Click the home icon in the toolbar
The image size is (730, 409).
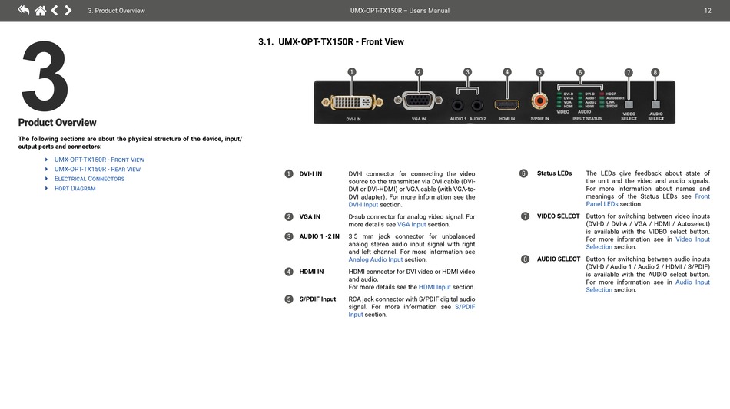[x=40, y=11]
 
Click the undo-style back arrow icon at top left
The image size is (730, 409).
[x=23, y=11]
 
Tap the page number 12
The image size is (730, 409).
[x=707, y=11]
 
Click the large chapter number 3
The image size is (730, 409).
[x=45, y=77]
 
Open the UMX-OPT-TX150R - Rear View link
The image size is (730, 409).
[x=97, y=169]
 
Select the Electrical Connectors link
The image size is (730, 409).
[x=89, y=179]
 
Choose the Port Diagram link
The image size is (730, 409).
[x=75, y=188]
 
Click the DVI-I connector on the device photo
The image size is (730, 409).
[x=353, y=102]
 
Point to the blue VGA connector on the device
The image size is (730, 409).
[x=418, y=101]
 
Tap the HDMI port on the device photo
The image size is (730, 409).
[x=506, y=104]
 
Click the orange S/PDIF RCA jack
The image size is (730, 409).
[x=540, y=101]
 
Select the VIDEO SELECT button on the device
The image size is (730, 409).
[x=629, y=104]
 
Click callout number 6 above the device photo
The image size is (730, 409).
[x=579, y=72]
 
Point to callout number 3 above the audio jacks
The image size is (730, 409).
[x=467, y=72]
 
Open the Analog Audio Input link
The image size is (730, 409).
[x=376, y=259]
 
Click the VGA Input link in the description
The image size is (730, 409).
[x=411, y=225]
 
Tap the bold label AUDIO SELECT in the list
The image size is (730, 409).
[x=559, y=259]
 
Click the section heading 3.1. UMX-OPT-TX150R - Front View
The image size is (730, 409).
[x=331, y=41]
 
